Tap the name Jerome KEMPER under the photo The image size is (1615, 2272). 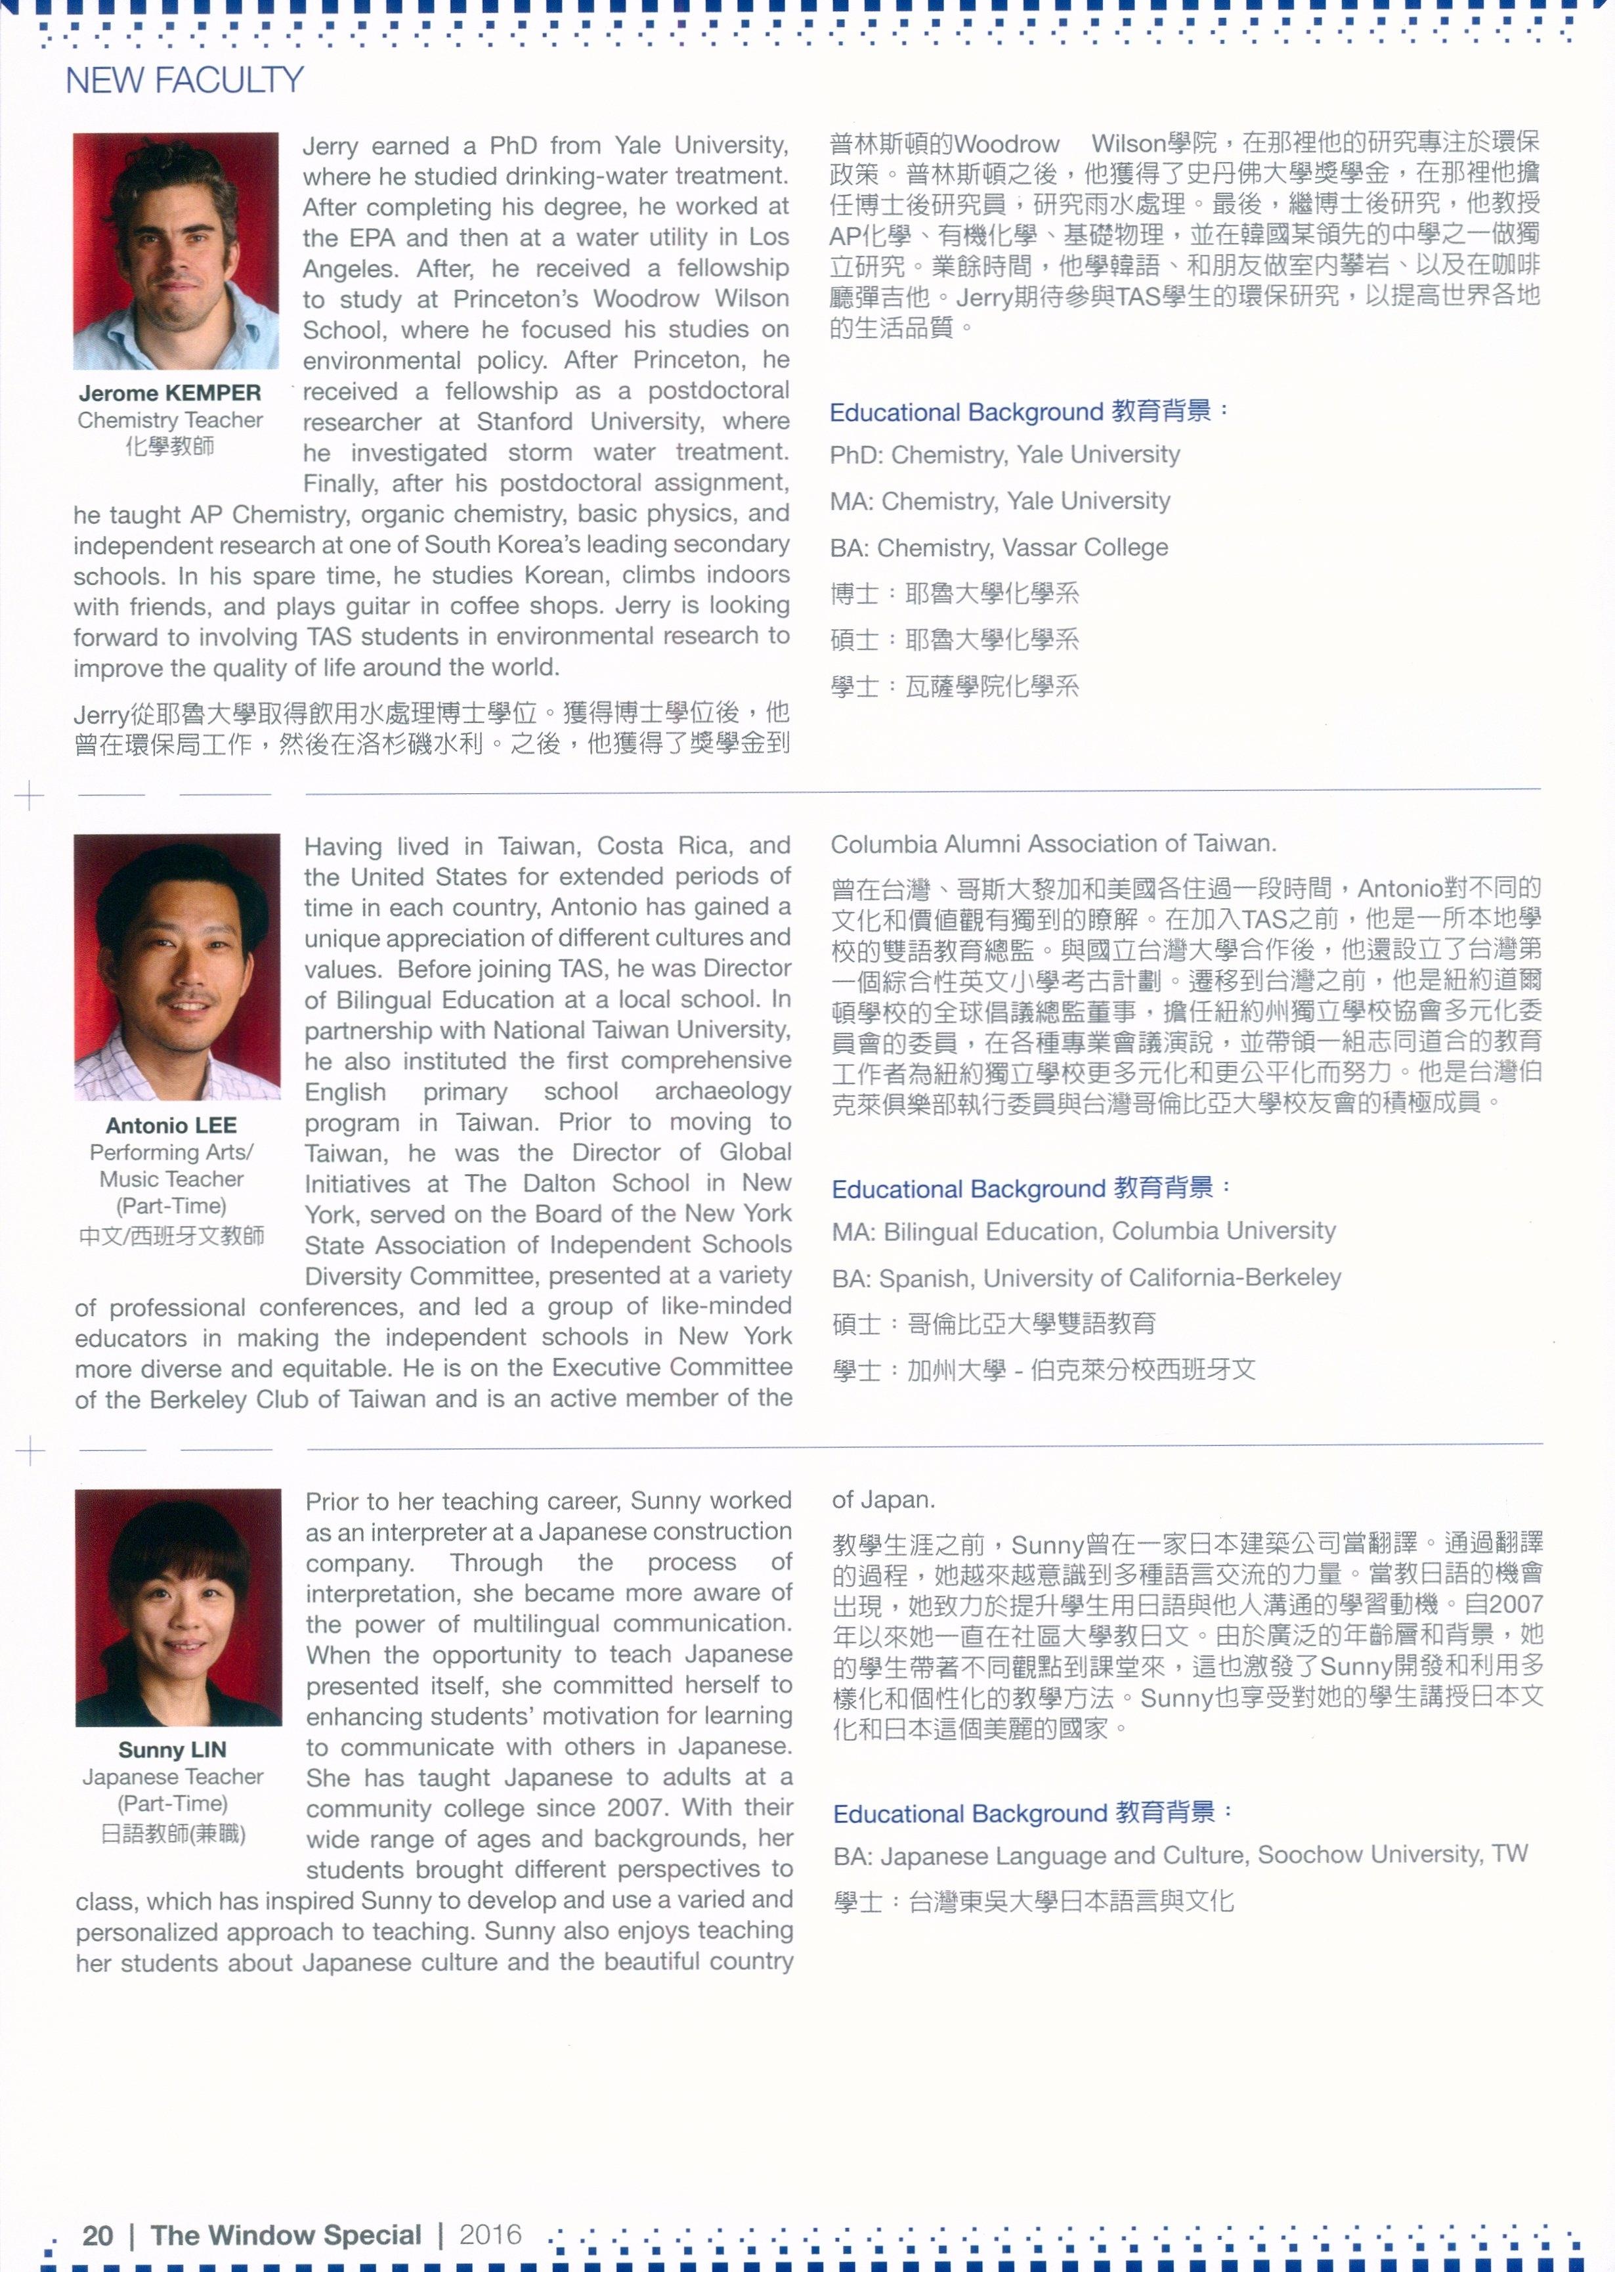(x=170, y=393)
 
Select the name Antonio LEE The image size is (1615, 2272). (x=171, y=1125)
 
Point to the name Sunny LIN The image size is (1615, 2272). (x=172, y=1750)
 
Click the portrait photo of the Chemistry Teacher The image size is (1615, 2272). (x=175, y=251)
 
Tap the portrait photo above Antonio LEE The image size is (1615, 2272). (x=177, y=967)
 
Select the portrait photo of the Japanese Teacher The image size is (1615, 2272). (x=178, y=1607)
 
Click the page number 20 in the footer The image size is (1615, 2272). (x=97, y=2235)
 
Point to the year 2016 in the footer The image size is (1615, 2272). (x=490, y=2234)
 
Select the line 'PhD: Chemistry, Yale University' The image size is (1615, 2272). (x=1004, y=454)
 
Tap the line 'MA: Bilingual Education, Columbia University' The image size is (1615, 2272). (x=1084, y=1231)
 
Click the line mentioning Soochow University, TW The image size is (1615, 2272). (x=1180, y=1855)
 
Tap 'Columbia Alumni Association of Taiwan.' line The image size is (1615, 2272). (x=1053, y=844)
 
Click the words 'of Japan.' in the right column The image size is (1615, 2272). (x=883, y=1499)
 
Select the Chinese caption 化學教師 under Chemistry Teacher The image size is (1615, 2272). (x=170, y=447)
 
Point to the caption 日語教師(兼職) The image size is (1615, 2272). (x=173, y=1832)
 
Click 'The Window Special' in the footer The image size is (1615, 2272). (x=286, y=2235)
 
